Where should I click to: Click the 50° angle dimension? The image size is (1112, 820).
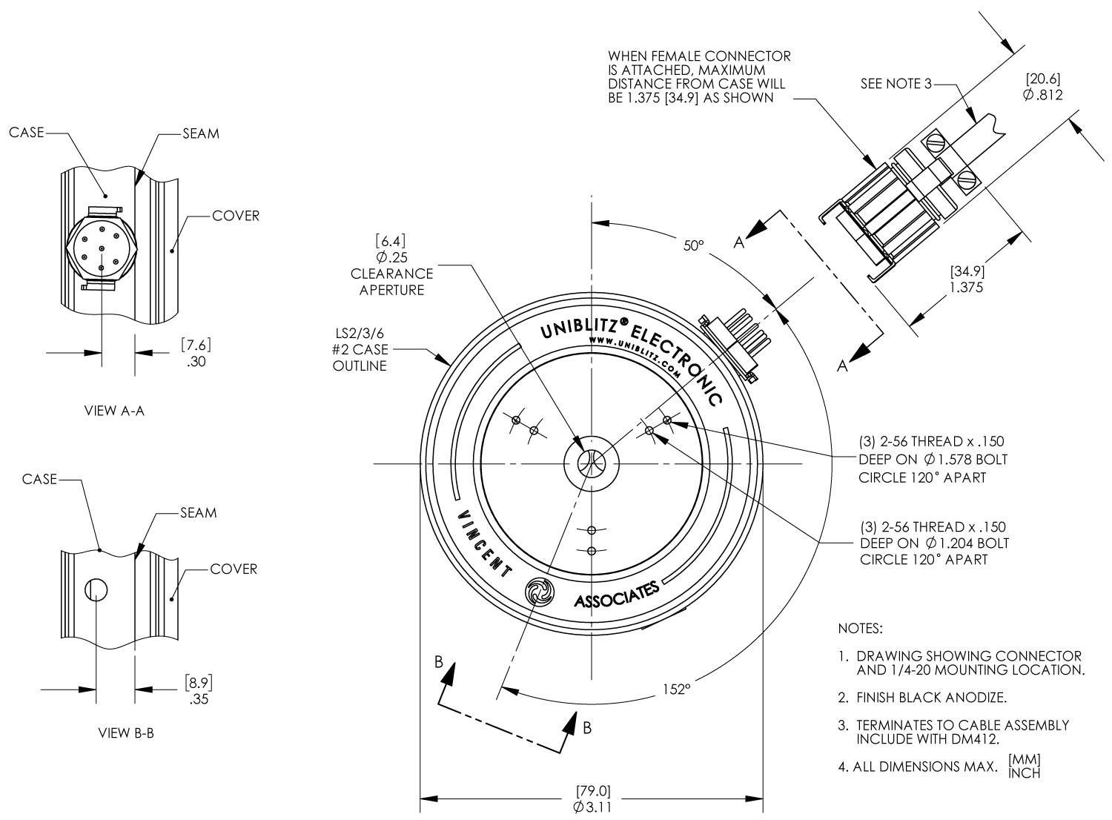693,245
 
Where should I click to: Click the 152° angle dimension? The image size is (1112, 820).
676,689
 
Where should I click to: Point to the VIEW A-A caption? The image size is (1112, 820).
113,410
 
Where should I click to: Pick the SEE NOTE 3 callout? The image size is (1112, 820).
895,84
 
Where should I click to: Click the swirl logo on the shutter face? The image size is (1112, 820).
538,591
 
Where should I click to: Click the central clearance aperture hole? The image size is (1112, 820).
592,464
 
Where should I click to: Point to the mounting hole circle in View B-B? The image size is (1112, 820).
96,590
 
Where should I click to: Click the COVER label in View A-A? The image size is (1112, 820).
235,216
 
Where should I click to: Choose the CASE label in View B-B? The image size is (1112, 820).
39,479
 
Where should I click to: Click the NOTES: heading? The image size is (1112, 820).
860,629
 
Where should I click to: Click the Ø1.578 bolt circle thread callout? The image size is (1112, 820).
933,459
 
